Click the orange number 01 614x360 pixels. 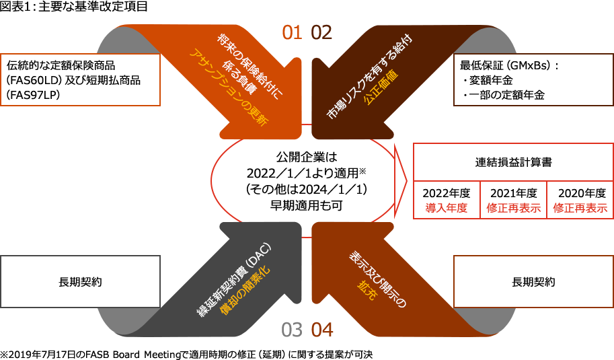[292, 33]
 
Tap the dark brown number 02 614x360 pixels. [321, 33]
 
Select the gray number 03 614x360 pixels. [292, 330]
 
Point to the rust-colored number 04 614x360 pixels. [322, 330]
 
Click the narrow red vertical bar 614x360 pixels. [400, 181]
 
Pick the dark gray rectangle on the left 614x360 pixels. [81, 281]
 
